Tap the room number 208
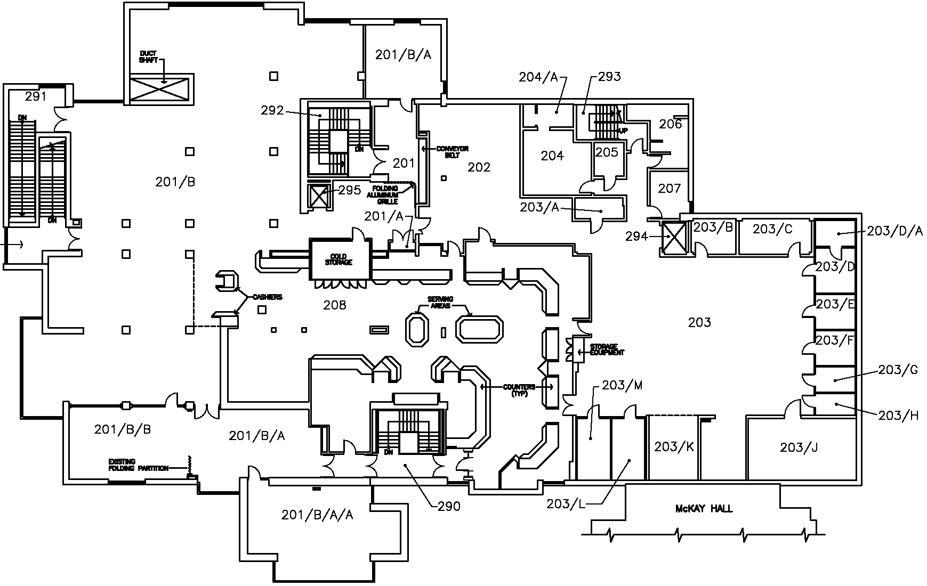point(335,305)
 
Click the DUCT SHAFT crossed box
point(160,88)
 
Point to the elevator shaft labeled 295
point(319,196)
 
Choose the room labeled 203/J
point(799,447)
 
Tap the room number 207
point(670,189)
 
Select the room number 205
point(607,152)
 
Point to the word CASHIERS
point(267,297)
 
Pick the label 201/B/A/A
point(317,515)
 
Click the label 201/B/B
point(122,429)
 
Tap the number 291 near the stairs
point(36,97)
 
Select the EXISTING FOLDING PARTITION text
point(138,465)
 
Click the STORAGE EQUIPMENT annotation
point(606,349)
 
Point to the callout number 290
point(449,506)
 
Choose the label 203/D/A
point(895,231)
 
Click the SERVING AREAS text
point(440,303)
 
